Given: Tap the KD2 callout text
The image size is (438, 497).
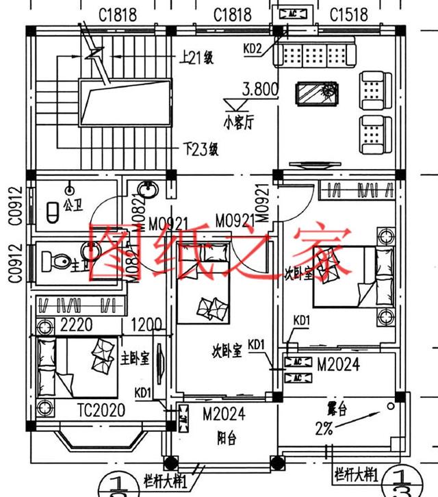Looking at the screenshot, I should click(x=253, y=48).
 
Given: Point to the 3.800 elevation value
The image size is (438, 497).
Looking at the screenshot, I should click(x=260, y=89).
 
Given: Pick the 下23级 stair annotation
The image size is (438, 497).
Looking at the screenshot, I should click(x=200, y=149).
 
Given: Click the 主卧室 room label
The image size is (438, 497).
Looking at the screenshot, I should click(x=135, y=358).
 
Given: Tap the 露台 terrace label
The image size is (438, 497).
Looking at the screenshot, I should click(x=337, y=411).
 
